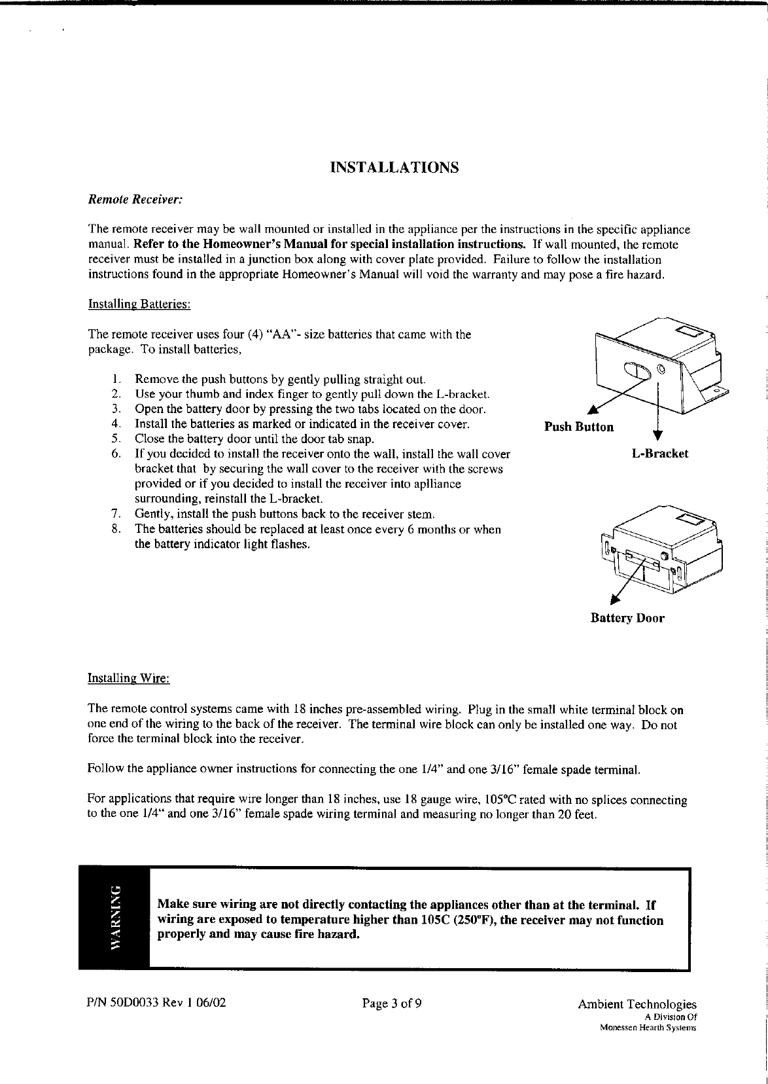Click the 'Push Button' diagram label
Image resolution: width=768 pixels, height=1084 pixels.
point(579,427)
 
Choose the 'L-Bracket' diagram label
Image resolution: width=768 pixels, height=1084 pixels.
point(660,453)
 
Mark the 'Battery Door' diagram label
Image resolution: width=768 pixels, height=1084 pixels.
point(627,618)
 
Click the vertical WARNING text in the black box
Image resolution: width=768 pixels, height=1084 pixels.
point(115,917)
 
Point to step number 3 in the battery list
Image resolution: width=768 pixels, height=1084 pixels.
point(114,409)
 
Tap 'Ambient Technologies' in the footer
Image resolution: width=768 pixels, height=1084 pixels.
point(637,1005)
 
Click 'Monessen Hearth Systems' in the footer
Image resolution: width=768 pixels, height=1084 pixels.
point(648,1028)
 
